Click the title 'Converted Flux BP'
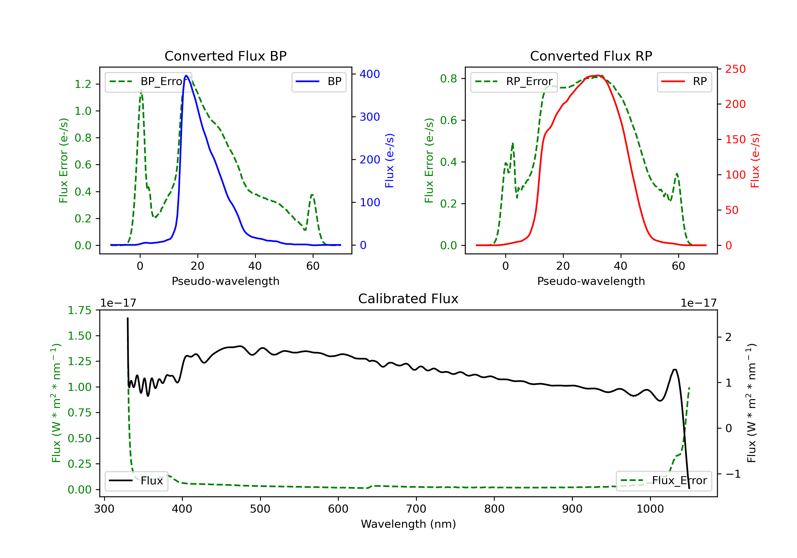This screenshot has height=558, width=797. (x=225, y=56)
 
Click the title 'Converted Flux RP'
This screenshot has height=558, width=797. (x=591, y=56)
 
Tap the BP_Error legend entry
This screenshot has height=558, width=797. (x=148, y=82)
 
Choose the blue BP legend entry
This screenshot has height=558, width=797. (x=319, y=82)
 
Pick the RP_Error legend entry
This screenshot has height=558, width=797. (x=514, y=82)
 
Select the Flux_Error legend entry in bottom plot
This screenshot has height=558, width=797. (x=664, y=481)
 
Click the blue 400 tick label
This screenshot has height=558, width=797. (x=370, y=74)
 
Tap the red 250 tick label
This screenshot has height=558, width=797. (x=735, y=69)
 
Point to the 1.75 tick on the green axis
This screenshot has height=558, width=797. (x=79, y=310)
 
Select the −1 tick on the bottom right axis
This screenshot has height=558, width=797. (x=733, y=474)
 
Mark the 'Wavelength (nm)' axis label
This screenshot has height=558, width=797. (x=408, y=524)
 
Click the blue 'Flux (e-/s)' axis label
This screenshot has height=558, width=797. (x=389, y=160)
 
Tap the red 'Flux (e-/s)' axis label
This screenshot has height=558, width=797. (x=755, y=160)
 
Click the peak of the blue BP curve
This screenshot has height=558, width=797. (x=186, y=75)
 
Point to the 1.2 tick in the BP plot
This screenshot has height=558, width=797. (x=83, y=84)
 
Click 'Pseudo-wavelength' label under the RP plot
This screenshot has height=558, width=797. (x=591, y=281)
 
